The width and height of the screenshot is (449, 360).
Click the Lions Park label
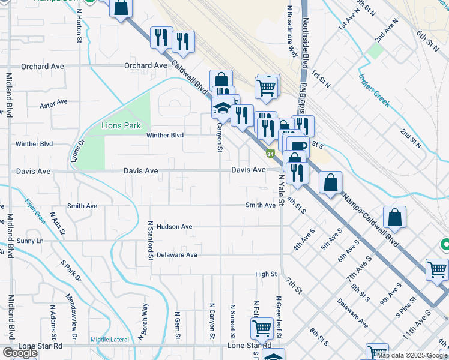click(x=121, y=125)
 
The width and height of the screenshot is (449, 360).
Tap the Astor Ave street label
click(x=53, y=103)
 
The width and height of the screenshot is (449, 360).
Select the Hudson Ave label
click(x=174, y=227)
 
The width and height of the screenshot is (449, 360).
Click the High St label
click(x=265, y=274)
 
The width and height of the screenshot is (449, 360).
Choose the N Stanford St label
click(x=150, y=240)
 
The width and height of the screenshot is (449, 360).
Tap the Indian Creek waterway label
click(x=375, y=90)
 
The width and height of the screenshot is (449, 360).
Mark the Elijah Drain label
click(x=35, y=211)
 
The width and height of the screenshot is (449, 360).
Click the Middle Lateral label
click(x=109, y=340)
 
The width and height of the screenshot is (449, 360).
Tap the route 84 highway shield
click(x=271, y=154)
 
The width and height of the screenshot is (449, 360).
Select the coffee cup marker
click(x=298, y=146)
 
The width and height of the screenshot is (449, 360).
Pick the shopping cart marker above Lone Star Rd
click(x=262, y=328)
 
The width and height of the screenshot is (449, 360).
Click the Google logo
click(x=19, y=353)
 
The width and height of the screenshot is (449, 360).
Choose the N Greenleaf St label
click(x=278, y=312)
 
